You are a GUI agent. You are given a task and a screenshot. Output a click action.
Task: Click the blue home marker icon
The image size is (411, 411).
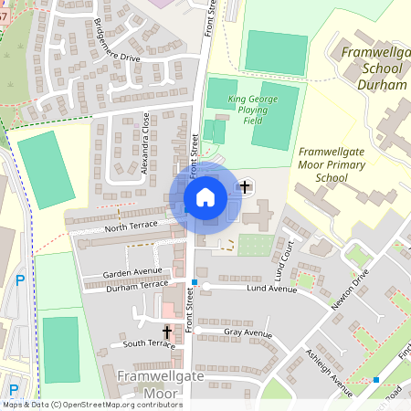[205, 196]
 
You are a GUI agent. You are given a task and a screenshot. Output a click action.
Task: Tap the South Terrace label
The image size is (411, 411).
[148, 343]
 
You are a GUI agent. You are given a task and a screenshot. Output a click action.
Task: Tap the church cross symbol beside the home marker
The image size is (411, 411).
[244, 188]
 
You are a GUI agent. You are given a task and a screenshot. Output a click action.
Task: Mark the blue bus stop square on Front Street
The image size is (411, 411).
[194, 281]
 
